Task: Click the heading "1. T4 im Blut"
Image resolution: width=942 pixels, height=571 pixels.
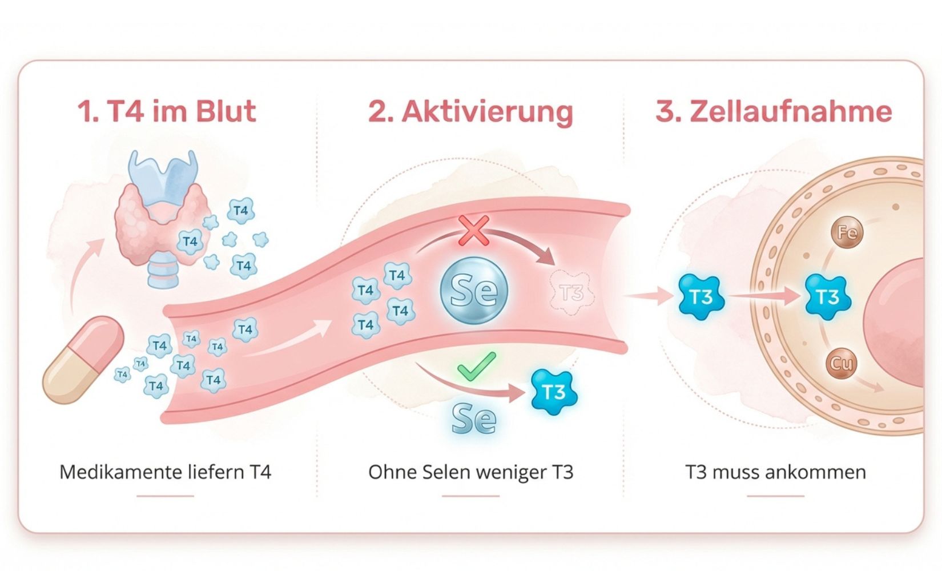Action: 166,111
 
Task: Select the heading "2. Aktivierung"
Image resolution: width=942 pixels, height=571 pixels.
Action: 470,111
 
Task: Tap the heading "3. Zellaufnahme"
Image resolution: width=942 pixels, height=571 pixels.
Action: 774,111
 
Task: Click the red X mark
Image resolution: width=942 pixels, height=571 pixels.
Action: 474,231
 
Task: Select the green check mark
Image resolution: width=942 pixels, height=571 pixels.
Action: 477,366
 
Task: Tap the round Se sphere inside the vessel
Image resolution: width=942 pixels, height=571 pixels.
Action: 474,290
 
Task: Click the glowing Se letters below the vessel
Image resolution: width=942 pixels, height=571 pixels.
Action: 474,420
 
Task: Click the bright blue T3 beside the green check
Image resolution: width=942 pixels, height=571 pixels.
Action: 553,392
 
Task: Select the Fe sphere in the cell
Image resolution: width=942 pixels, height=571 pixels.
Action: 847,232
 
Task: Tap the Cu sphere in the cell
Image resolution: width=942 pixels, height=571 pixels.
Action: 841,363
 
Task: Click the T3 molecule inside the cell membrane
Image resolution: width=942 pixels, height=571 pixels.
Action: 827,296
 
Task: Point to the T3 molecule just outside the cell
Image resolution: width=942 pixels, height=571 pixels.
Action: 701,296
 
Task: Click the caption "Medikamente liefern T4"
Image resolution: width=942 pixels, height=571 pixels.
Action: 166,472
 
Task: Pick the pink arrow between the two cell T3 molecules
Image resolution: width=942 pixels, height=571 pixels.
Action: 765,296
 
